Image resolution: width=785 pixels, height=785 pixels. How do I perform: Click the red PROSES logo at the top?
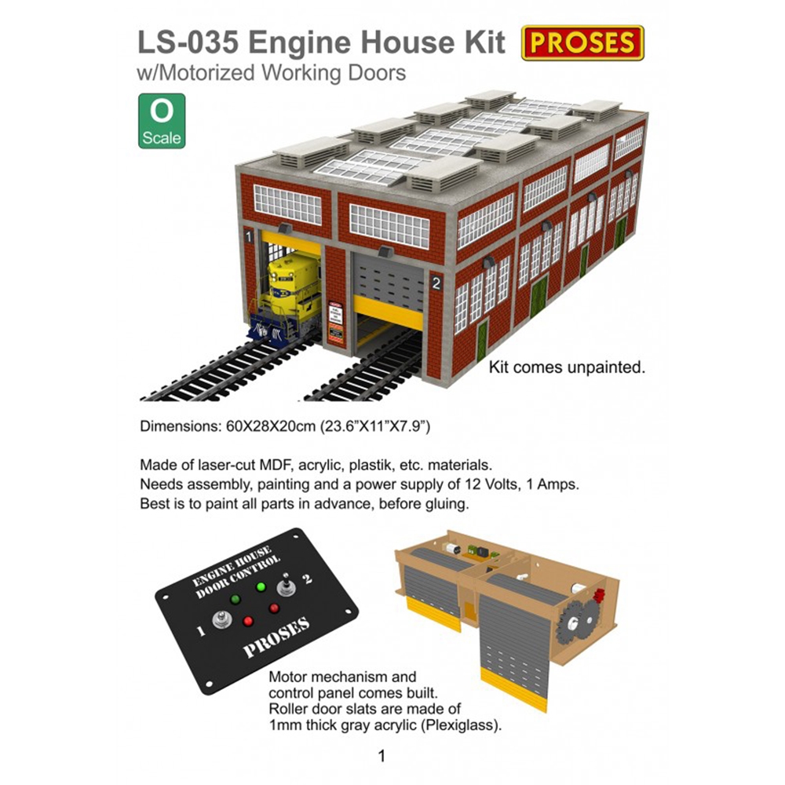point(582,42)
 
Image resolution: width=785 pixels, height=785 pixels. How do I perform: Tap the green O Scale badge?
point(162,121)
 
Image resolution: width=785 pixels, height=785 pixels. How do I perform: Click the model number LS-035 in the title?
point(188,42)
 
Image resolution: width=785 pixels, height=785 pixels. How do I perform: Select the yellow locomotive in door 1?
point(286,301)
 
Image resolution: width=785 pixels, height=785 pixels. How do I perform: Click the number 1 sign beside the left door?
point(249,237)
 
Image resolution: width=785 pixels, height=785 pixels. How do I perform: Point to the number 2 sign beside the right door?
point(436,283)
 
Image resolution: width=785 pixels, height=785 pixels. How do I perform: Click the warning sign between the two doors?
point(335,323)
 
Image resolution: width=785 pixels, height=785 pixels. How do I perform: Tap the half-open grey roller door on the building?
point(389,290)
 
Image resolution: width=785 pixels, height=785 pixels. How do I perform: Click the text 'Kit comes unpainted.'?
point(567,367)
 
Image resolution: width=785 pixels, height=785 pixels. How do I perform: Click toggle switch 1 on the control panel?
point(222,620)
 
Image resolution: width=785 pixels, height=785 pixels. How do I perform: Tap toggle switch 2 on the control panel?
point(287,585)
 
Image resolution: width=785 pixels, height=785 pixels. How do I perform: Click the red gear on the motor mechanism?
point(598,596)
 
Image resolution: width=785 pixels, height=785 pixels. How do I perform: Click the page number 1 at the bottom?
point(382,755)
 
